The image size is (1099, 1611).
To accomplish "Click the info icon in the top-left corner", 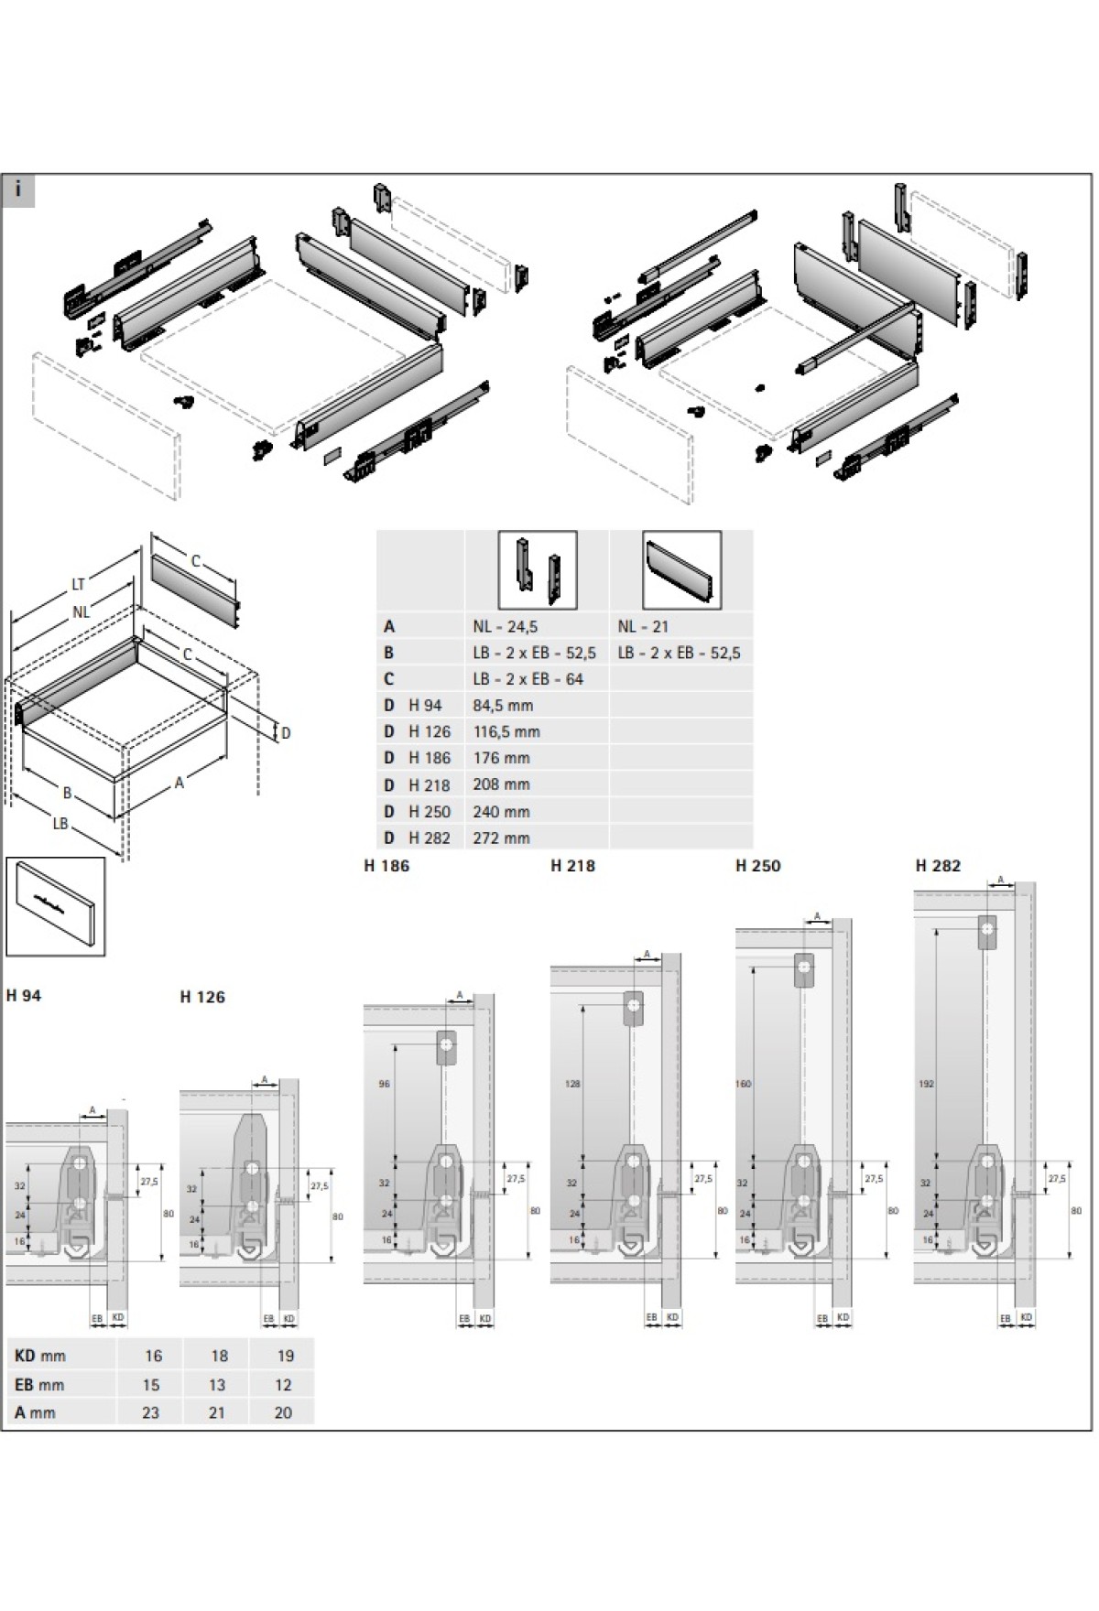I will click(x=18, y=191).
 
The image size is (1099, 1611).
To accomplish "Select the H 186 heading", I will click(x=386, y=866).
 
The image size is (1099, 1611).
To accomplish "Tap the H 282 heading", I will click(x=938, y=866).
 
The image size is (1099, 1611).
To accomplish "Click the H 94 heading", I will click(x=24, y=996).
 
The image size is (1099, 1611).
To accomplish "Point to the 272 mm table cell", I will click(x=501, y=838).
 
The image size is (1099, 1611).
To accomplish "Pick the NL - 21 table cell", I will click(x=643, y=627).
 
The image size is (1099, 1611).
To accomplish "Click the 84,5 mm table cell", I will click(x=503, y=706).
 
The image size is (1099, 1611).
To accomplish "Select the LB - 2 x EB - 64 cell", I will click(x=528, y=679).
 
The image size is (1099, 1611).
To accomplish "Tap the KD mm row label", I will click(x=40, y=1356).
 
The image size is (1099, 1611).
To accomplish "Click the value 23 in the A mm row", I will click(x=150, y=1412).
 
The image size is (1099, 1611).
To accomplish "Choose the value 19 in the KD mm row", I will click(x=284, y=1356).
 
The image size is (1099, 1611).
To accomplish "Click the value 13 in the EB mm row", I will click(x=217, y=1385).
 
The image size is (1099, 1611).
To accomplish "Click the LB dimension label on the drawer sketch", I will click(x=60, y=824).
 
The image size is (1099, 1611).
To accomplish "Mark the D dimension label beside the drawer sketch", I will click(x=286, y=732).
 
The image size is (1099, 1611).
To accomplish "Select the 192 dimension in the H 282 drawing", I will click(x=926, y=1084).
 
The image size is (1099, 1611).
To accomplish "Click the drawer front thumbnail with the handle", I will click(x=56, y=906).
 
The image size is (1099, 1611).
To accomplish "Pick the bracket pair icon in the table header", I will click(x=538, y=570).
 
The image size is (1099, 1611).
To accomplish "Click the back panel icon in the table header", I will click(x=681, y=570).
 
